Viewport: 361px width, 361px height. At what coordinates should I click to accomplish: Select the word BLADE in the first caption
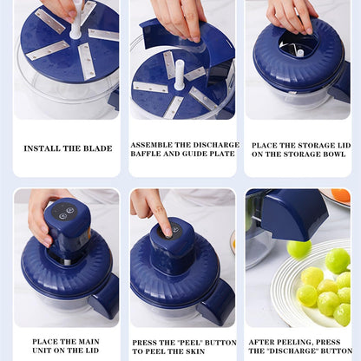[x=95, y=148]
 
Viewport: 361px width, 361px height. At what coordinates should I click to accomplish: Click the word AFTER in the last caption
[x=265, y=342]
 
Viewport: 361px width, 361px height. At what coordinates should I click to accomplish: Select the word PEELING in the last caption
[x=299, y=342]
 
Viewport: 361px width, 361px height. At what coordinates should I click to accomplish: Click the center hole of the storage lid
[x=298, y=49]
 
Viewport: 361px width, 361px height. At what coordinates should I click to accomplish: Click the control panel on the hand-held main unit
[x=63, y=213]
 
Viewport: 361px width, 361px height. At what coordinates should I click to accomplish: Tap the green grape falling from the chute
[x=299, y=249]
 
